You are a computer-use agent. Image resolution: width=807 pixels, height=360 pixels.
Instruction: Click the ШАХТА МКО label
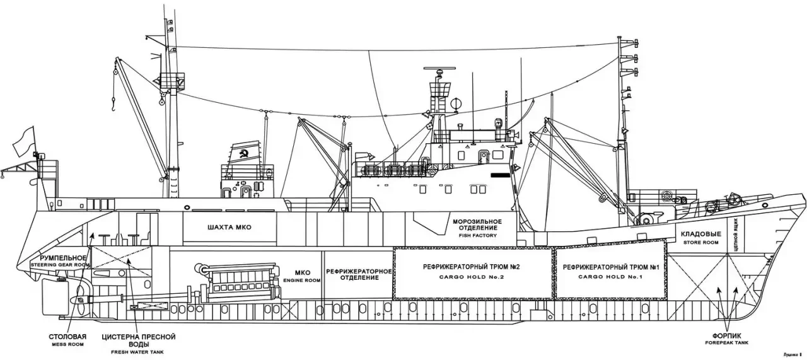(229, 228)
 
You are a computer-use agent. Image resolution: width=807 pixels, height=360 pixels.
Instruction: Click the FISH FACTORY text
(477, 236)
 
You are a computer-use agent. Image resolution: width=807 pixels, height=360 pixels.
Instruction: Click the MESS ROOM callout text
(69, 345)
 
